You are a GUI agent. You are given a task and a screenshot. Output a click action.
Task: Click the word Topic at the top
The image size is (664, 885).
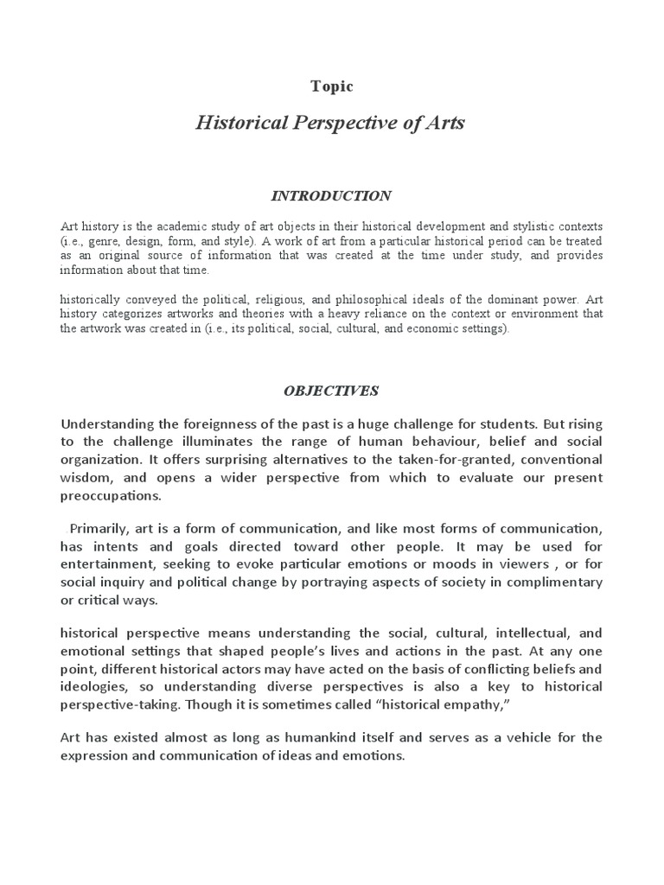pos(332,86)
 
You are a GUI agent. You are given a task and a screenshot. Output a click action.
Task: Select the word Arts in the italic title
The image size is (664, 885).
pos(444,123)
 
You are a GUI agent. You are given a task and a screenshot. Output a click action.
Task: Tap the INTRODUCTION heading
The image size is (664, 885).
pos(332,196)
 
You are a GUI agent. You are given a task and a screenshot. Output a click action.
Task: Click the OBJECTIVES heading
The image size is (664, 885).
pos(331,391)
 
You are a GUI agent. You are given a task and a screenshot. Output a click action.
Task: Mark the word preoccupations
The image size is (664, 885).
pos(111,497)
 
